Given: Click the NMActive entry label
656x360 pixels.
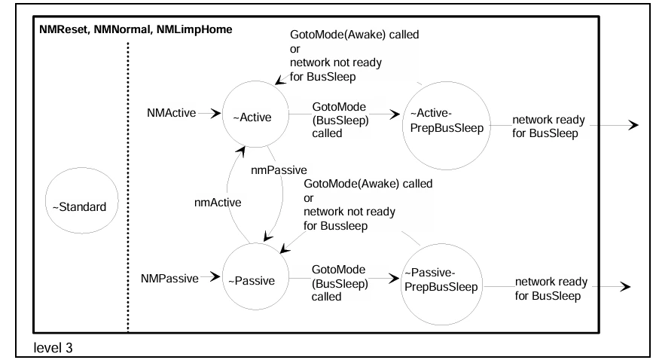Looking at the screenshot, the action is pyautogui.click(x=171, y=113).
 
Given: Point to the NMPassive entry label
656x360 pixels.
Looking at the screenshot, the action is pyautogui.click(x=169, y=279).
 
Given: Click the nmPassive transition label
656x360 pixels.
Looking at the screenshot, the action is pyautogui.click(x=279, y=170).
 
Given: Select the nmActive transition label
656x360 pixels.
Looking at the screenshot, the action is pyautogui.click(x=218, y=203).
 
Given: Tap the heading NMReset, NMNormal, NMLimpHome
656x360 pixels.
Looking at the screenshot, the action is pyautogui.click(x=136, y=29).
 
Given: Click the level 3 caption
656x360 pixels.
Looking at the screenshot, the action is pyautogui.click(x=53, y=347).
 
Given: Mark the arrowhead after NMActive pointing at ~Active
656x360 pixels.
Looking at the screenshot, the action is pyautogui.click(x=216, y=113).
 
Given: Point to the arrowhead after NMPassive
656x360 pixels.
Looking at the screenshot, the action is pyautogui.click(x=215, y=276).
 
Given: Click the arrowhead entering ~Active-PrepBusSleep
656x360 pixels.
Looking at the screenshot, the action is pyautogui.click(x=395, y=114).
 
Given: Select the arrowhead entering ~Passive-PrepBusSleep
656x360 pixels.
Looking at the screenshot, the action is pyautogui.click(x=394, y=278).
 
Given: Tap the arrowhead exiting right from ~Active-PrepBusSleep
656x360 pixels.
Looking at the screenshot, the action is pyautogui.click(x=633, y=125).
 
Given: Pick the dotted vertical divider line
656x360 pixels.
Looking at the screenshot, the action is pyautogui.click(x=128, y=187).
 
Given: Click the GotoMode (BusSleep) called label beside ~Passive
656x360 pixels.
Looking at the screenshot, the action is pyautogui.click(x=340, y=283).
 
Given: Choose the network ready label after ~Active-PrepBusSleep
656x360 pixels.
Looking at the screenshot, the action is pyautogui.click(x=548, y=127).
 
